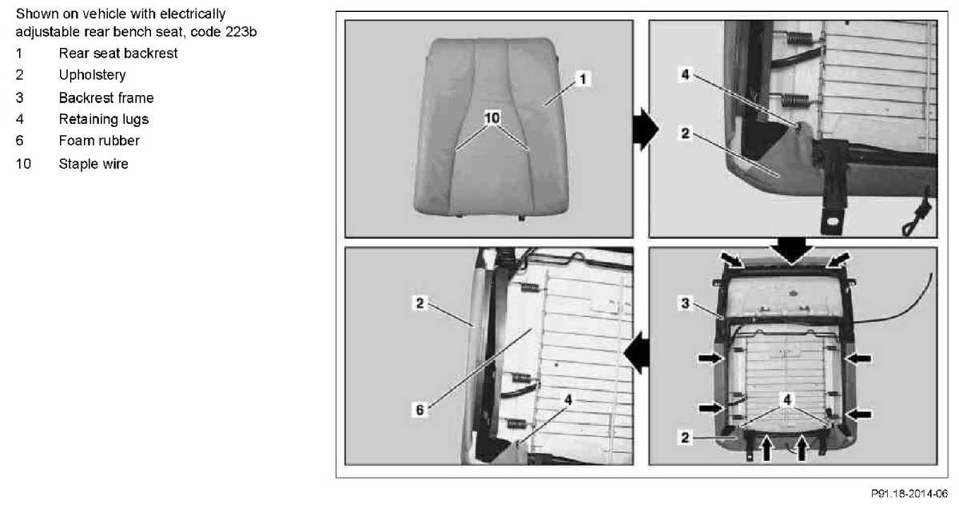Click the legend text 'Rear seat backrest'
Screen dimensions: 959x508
click(117, 54)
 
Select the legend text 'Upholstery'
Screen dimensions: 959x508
click(92, 75)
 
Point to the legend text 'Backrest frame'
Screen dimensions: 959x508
click(106, 98)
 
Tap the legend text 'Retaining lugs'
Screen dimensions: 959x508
click(104, 119)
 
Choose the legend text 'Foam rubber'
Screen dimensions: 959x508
click(99, 141)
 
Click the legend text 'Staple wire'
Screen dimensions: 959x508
click(94, 164)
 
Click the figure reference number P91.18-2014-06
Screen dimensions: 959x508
click(909, 494)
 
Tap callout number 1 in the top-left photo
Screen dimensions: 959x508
click(583, 79)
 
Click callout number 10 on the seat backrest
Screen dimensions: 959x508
click(492, 117)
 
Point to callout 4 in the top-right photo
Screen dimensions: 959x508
click(686, 74)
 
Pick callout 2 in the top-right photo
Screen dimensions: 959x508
click(686, 133)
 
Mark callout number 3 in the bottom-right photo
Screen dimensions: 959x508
click(686, 304)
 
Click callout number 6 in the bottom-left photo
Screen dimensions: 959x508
click(420, 410)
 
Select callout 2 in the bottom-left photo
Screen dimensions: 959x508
click(420, 304)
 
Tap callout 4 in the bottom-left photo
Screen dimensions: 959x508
click(568, 399)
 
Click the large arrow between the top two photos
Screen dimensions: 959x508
click(646, 129)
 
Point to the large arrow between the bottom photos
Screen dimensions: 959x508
click(636, 354)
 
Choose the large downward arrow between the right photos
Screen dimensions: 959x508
click(793, 251)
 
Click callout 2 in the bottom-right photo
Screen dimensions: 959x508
click(686, 438)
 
